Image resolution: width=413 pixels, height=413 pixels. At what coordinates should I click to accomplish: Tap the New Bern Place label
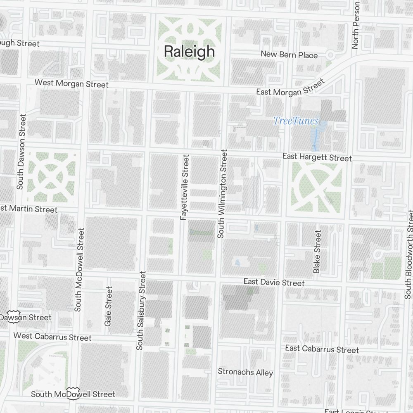(289, 55)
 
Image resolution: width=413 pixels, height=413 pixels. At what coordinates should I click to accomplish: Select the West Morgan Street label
(71, 83)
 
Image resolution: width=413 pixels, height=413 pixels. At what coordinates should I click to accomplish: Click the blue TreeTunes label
(296, 121)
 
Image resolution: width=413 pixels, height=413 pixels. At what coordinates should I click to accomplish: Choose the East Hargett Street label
(317, 157)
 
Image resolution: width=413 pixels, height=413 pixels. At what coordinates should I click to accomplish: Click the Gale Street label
(109, 306)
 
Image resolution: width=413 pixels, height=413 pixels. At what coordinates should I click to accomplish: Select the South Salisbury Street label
(141, 310)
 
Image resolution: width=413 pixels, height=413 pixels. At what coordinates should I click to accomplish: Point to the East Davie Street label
(274, 282)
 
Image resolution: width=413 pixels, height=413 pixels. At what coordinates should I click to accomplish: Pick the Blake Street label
(317, 252)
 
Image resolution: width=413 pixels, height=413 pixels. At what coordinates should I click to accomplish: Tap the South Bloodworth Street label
(408, 254)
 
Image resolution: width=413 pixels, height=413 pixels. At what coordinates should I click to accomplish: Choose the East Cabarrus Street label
(322, 349)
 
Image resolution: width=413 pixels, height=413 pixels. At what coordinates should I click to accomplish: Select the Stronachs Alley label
(245, 372)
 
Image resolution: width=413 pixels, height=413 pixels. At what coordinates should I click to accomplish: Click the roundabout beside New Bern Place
(330, 55)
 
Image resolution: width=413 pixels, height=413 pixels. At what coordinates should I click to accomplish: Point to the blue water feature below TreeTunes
(316, 136)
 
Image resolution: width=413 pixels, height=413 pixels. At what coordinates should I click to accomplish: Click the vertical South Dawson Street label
(21, 152)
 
